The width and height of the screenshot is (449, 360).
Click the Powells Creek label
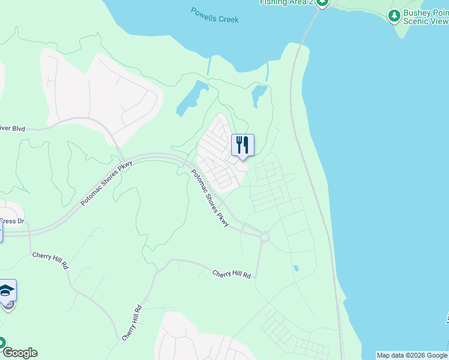point(214,15)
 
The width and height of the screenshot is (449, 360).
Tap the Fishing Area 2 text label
point(286,2)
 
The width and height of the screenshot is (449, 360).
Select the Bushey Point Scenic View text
point(426,16)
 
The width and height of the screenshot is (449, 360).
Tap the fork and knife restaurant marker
point(243,145)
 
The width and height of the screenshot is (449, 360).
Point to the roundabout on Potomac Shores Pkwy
point(264,237)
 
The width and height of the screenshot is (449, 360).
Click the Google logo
point(19,353)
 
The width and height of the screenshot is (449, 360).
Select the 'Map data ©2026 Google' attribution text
point(412,355)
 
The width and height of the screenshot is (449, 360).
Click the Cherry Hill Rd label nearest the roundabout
point(231,274)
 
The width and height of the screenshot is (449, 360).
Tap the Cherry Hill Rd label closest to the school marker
point(50,260)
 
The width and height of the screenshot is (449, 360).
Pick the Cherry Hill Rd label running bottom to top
point(131,323)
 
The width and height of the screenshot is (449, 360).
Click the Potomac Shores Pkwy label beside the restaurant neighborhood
point(210,198)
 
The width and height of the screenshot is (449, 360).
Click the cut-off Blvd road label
point(13,128)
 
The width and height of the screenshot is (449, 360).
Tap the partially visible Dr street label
point(12,221)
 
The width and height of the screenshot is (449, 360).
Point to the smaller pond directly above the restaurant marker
point(259,94)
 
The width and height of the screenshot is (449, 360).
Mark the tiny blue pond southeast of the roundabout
point(295,268)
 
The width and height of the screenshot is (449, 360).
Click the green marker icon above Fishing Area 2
point(322,2)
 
